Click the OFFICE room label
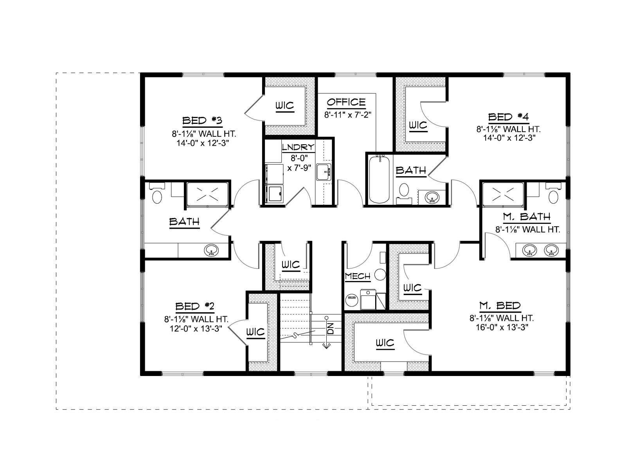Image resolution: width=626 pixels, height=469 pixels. [x=346, y=102]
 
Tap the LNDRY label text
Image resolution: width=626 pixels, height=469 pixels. [x=298, y=147]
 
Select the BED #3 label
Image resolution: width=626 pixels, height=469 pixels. [x=202, y=120]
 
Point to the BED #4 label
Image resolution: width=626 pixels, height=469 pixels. [x=509, y=117]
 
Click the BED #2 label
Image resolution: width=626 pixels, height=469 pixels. [x=195, y=306]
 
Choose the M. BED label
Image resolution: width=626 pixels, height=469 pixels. [x=500, y=306]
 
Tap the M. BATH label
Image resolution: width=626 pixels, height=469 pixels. [x=527, y=217]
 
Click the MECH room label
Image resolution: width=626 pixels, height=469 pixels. [x=358, y=276]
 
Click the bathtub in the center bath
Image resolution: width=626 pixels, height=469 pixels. [x=379, y=179]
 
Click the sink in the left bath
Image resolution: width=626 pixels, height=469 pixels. [x=211, y=251]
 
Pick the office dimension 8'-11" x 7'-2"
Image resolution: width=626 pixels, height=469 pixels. [x=348, y=115]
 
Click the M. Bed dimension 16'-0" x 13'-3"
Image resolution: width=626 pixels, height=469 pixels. [x=502, y=327]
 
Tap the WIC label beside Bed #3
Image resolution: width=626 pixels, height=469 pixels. [x=284, y=106]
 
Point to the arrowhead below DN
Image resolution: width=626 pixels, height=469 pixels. [x=326, y=346]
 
